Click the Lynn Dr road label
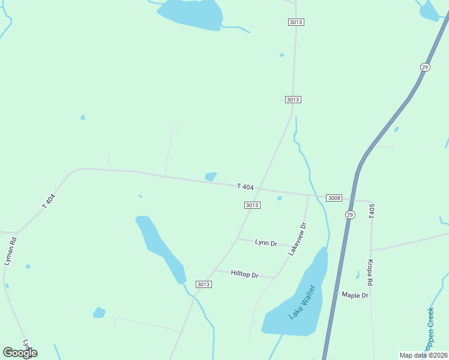click(266, 243)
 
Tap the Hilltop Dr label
click(244, 275)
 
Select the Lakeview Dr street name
click(298, 239)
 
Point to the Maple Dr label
click(355, 295)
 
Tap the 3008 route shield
click(334, 198)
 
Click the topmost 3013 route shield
click(296, 22)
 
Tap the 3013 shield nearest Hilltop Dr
click(203, 284)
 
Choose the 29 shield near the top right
click(425, 67)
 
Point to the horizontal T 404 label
click(246, 187)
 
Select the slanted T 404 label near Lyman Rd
click(49, 201)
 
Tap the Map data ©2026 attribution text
click(423, 355)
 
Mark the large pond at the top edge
click(191, 13)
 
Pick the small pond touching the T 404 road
click(211, 176)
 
